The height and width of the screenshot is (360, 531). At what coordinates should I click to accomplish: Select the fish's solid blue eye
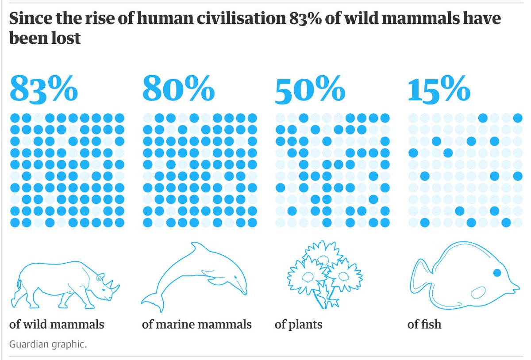[x=496, y=272]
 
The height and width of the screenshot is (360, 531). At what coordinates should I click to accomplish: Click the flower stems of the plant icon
[x=321, y=299]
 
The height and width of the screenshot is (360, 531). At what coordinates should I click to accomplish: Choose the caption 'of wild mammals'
[x=57, y=325]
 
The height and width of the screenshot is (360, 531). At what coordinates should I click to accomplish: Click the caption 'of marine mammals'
[x=196, y=325]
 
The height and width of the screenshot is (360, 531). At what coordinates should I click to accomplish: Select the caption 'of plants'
[x=298, y=325]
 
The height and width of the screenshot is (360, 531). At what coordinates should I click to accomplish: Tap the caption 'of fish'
[x=424, y=325]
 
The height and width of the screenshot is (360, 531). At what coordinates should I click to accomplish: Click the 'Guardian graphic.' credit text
[x=48, y=344]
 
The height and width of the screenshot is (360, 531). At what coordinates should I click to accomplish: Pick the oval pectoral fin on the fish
[x=479, y=293]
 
